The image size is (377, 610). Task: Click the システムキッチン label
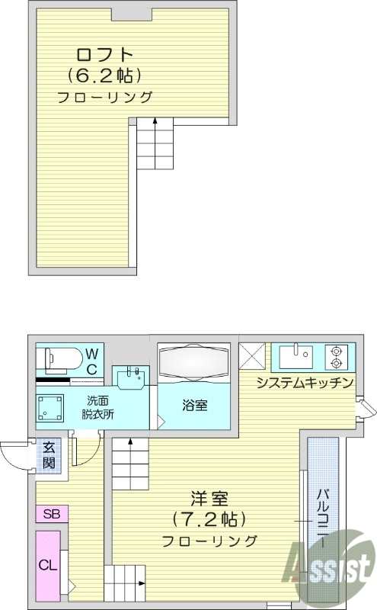click(x=303, y=383)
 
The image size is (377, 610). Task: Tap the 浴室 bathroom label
click(x=195, y=405)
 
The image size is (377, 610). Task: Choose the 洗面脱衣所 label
click(x=98, y=408)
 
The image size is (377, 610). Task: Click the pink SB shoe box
click(x=51, y=514)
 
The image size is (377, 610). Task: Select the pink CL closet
click(x=48, y=565)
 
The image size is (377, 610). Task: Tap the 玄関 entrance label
click(x=49, y=456)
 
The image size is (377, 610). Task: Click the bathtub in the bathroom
click(x=193, y=361)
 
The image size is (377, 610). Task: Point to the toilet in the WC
click(x=59, y=357)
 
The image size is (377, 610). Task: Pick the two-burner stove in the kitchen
click(x=336, y=355)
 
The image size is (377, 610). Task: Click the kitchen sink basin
click(x=295, y=355)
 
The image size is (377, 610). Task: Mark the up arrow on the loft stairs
click(x=155, y=121)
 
